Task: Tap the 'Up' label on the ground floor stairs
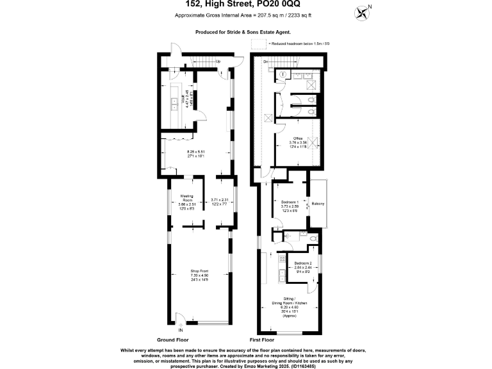[218, 61]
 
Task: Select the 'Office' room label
[298, 138]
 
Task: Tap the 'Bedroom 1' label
[290, 202]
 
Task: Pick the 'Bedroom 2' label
[303, 263]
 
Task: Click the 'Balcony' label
[318, 204]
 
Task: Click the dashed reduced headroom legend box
[259, 44]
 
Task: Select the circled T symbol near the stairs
[283, 74]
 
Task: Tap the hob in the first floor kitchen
[280, 259]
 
